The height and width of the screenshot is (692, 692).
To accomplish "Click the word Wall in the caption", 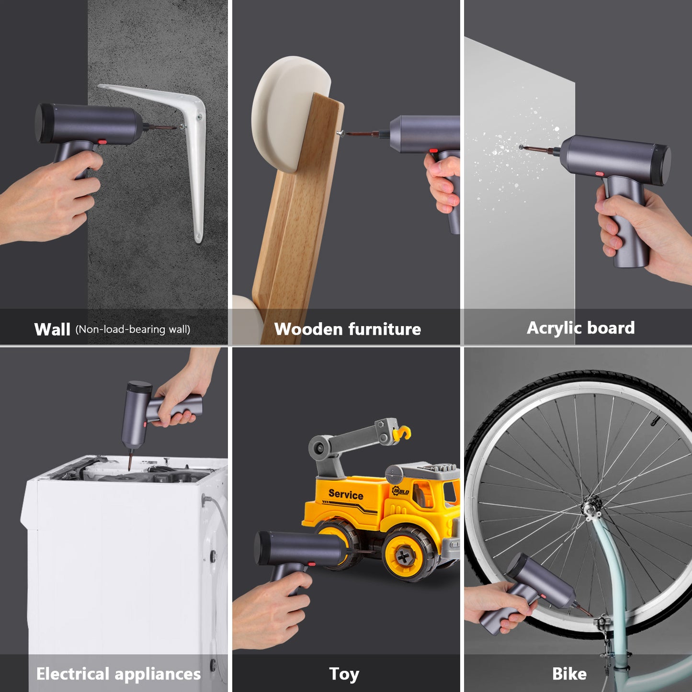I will [x=52, y=329].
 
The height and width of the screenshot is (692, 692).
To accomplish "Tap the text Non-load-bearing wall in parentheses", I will [x=133, y=329].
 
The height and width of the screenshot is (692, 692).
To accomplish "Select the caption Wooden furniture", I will [x=347, y=329].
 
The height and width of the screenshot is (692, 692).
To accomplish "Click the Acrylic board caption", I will [x=580, y=328].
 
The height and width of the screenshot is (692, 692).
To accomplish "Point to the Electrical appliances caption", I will [x=118, y=674].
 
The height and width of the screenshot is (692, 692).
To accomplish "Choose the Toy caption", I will [x=344, y=674].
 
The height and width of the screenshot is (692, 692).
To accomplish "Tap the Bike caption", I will [x=569, y=674].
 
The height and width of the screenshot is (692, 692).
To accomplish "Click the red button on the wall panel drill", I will [x=102, y=142].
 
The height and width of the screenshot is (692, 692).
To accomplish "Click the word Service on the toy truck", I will [x=346, y=494].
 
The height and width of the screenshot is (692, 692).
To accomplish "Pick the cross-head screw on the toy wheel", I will [x=405, y=556].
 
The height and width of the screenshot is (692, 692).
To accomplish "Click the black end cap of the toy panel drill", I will [x=261, y=547].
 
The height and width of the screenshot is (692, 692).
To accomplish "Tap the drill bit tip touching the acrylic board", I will [x=521, y=147].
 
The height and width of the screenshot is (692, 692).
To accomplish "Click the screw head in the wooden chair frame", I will [x=340, y=134].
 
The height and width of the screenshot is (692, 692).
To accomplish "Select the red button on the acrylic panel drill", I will [x=600, y=173].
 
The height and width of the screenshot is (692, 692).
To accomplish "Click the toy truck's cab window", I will [x=449, y=493].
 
